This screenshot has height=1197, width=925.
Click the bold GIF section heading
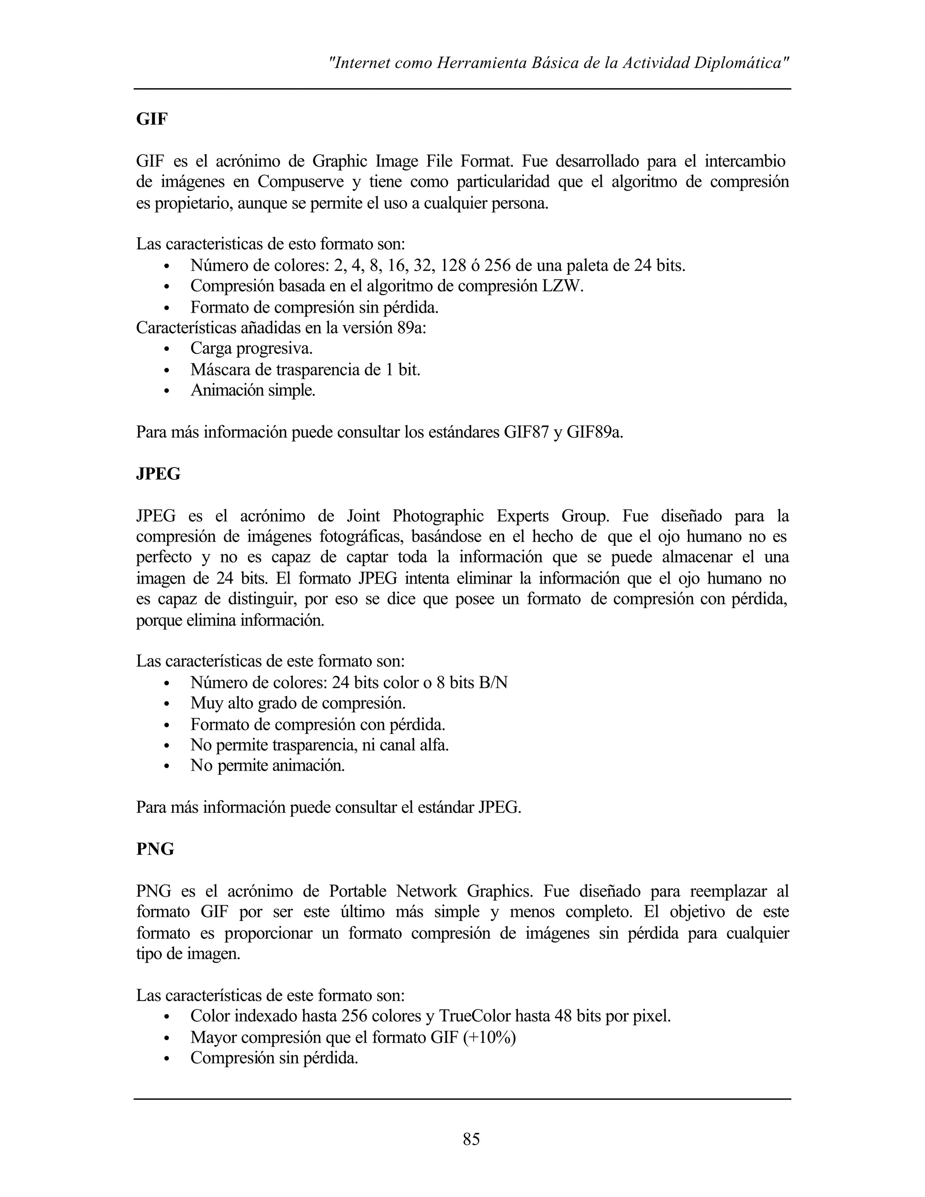point(152,119)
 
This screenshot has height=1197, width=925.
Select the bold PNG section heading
point(155,849)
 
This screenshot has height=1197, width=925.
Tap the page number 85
point(471,1140)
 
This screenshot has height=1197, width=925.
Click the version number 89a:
point(411,328)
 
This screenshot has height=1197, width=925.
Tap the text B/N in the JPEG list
point(493,683)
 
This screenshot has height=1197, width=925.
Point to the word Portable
point(357,891)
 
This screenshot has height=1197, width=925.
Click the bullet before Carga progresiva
point(167,349)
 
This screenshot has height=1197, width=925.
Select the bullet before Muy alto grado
point(167,704)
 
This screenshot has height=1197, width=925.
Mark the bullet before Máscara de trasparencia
point(167,370)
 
